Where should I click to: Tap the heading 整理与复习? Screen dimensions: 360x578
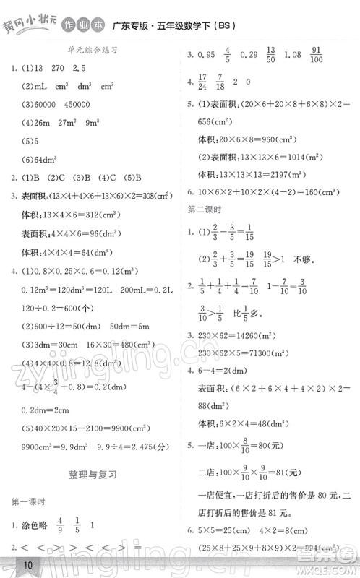(91, 475)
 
